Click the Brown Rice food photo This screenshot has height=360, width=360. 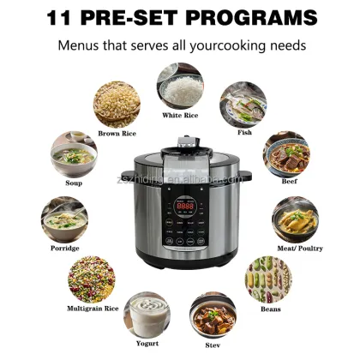[x=117, y=105]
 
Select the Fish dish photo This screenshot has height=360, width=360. [x=243, y=105]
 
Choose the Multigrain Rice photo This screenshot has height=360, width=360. [x=93, y=279]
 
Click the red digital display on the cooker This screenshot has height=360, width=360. [x=184, y=207]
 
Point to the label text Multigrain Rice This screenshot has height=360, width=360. [x=93, y=308]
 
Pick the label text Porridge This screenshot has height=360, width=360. [x=64, y=248]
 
